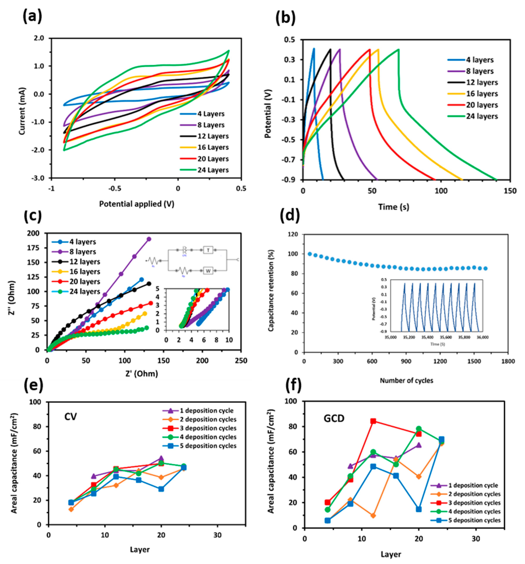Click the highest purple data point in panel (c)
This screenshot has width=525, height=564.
pos(149,239)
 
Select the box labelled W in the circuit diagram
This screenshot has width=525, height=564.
pos(208,271)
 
